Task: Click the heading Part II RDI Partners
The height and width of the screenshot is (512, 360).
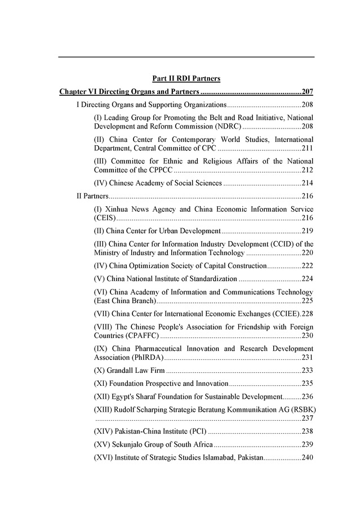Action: click(186, 78)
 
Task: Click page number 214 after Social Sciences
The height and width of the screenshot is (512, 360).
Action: click(308, 183)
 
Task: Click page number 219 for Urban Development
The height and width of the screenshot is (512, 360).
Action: click(308, 231)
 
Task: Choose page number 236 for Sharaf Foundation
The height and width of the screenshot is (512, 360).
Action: click(308, 397)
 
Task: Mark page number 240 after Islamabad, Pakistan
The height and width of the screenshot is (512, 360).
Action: click(308, 457)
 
